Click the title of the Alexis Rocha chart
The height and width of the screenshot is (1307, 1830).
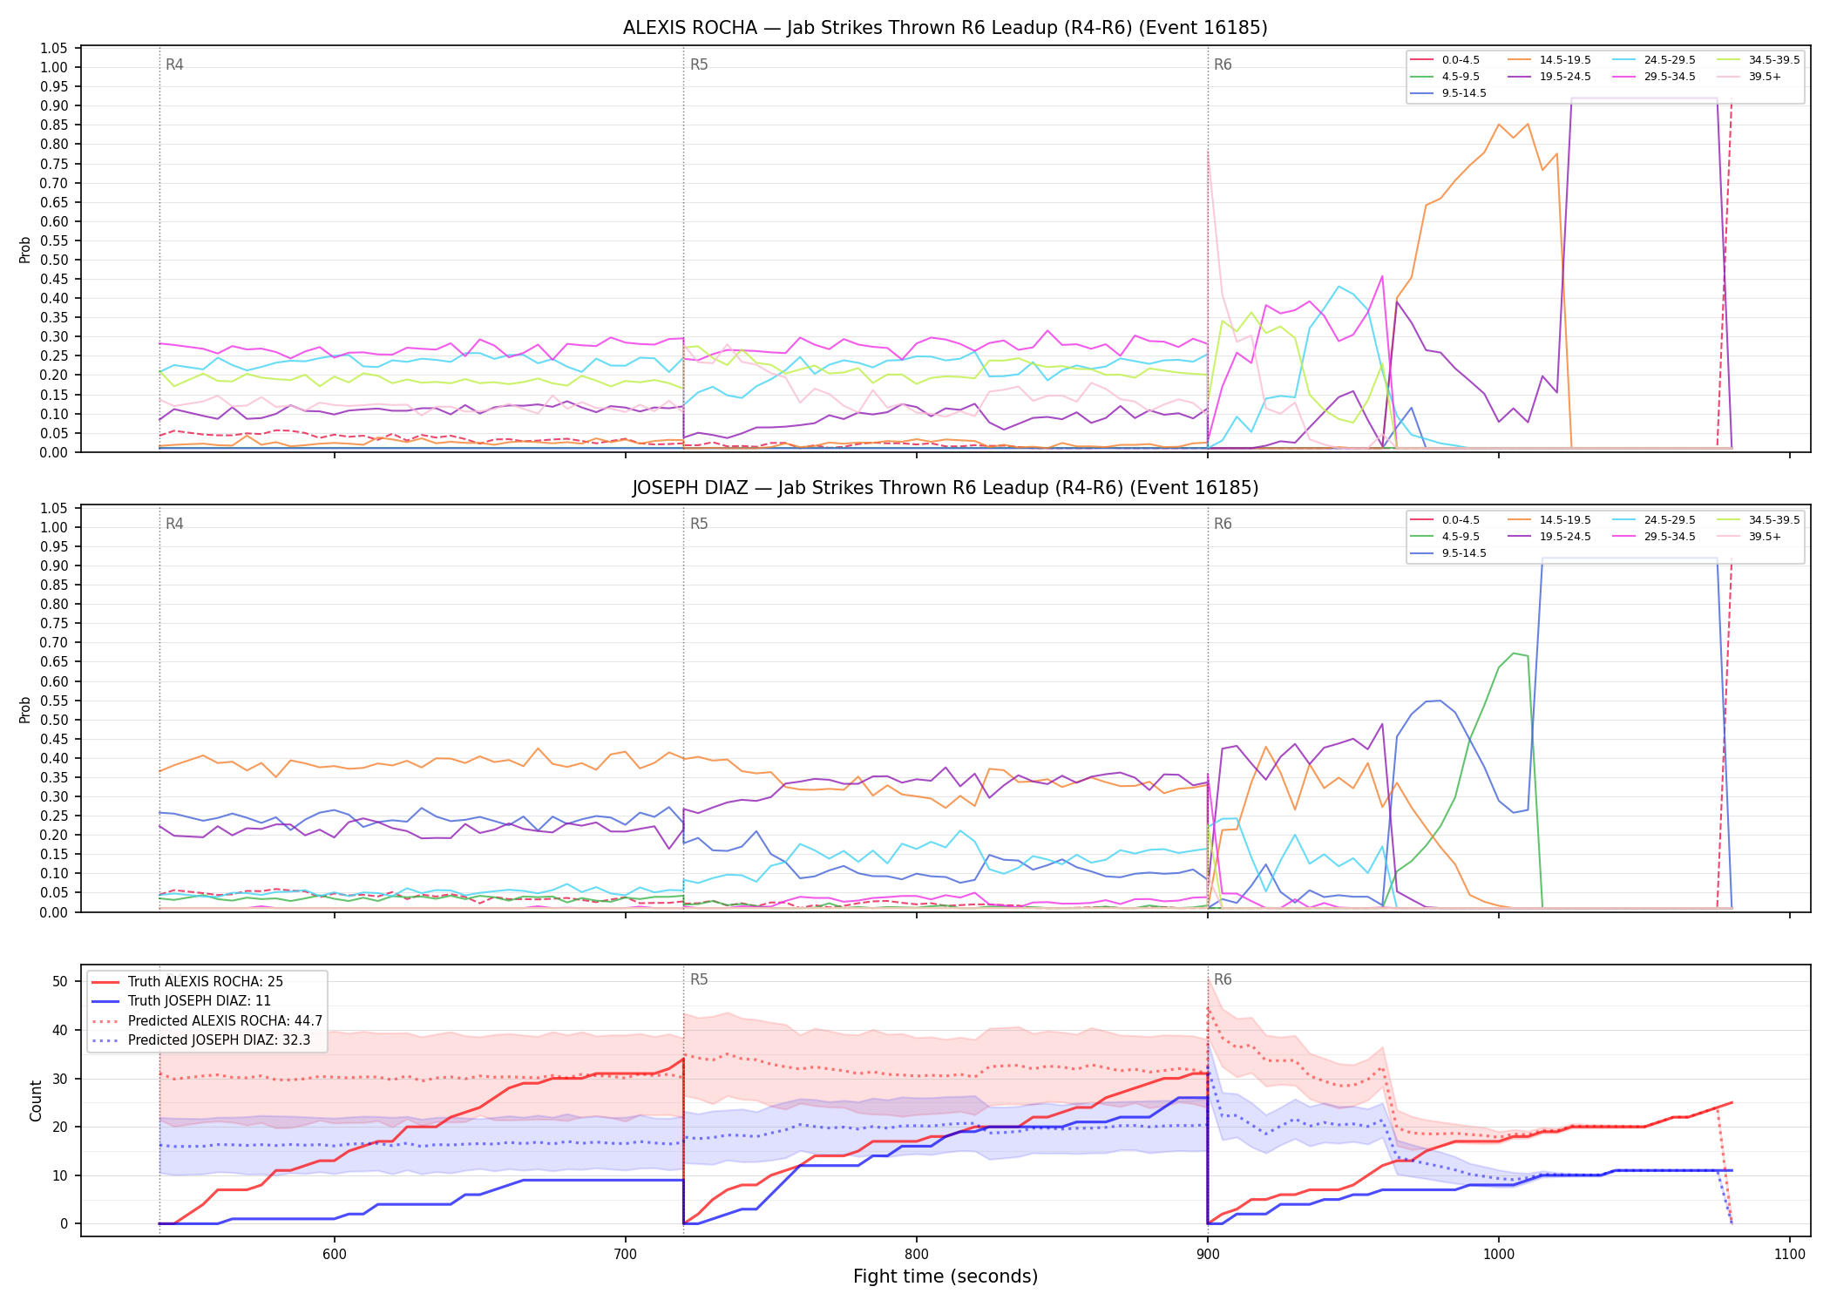pos(945,28)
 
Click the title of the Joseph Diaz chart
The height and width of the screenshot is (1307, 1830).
pos(945,488)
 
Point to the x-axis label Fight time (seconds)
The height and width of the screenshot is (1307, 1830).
pos(945,1277)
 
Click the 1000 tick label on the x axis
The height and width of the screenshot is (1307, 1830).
pos(1499,1255)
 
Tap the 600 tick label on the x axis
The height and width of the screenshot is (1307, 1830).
pos(335,1255)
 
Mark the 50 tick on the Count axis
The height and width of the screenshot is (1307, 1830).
pos(60,981)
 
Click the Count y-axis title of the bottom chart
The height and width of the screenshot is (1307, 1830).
pos(36,1100)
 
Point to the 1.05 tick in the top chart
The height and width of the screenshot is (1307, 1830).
pos(54,48)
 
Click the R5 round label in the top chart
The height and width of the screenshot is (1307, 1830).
pos(699,64)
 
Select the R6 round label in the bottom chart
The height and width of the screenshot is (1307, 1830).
pos(1223,979)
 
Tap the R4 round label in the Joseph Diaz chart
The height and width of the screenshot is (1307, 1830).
pos(174,524)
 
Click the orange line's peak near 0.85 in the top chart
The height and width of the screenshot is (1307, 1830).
pos(1499,124)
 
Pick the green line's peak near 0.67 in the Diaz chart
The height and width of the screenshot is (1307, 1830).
pos(1514,653)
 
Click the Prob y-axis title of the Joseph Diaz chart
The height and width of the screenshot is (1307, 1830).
pos(25,709)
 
